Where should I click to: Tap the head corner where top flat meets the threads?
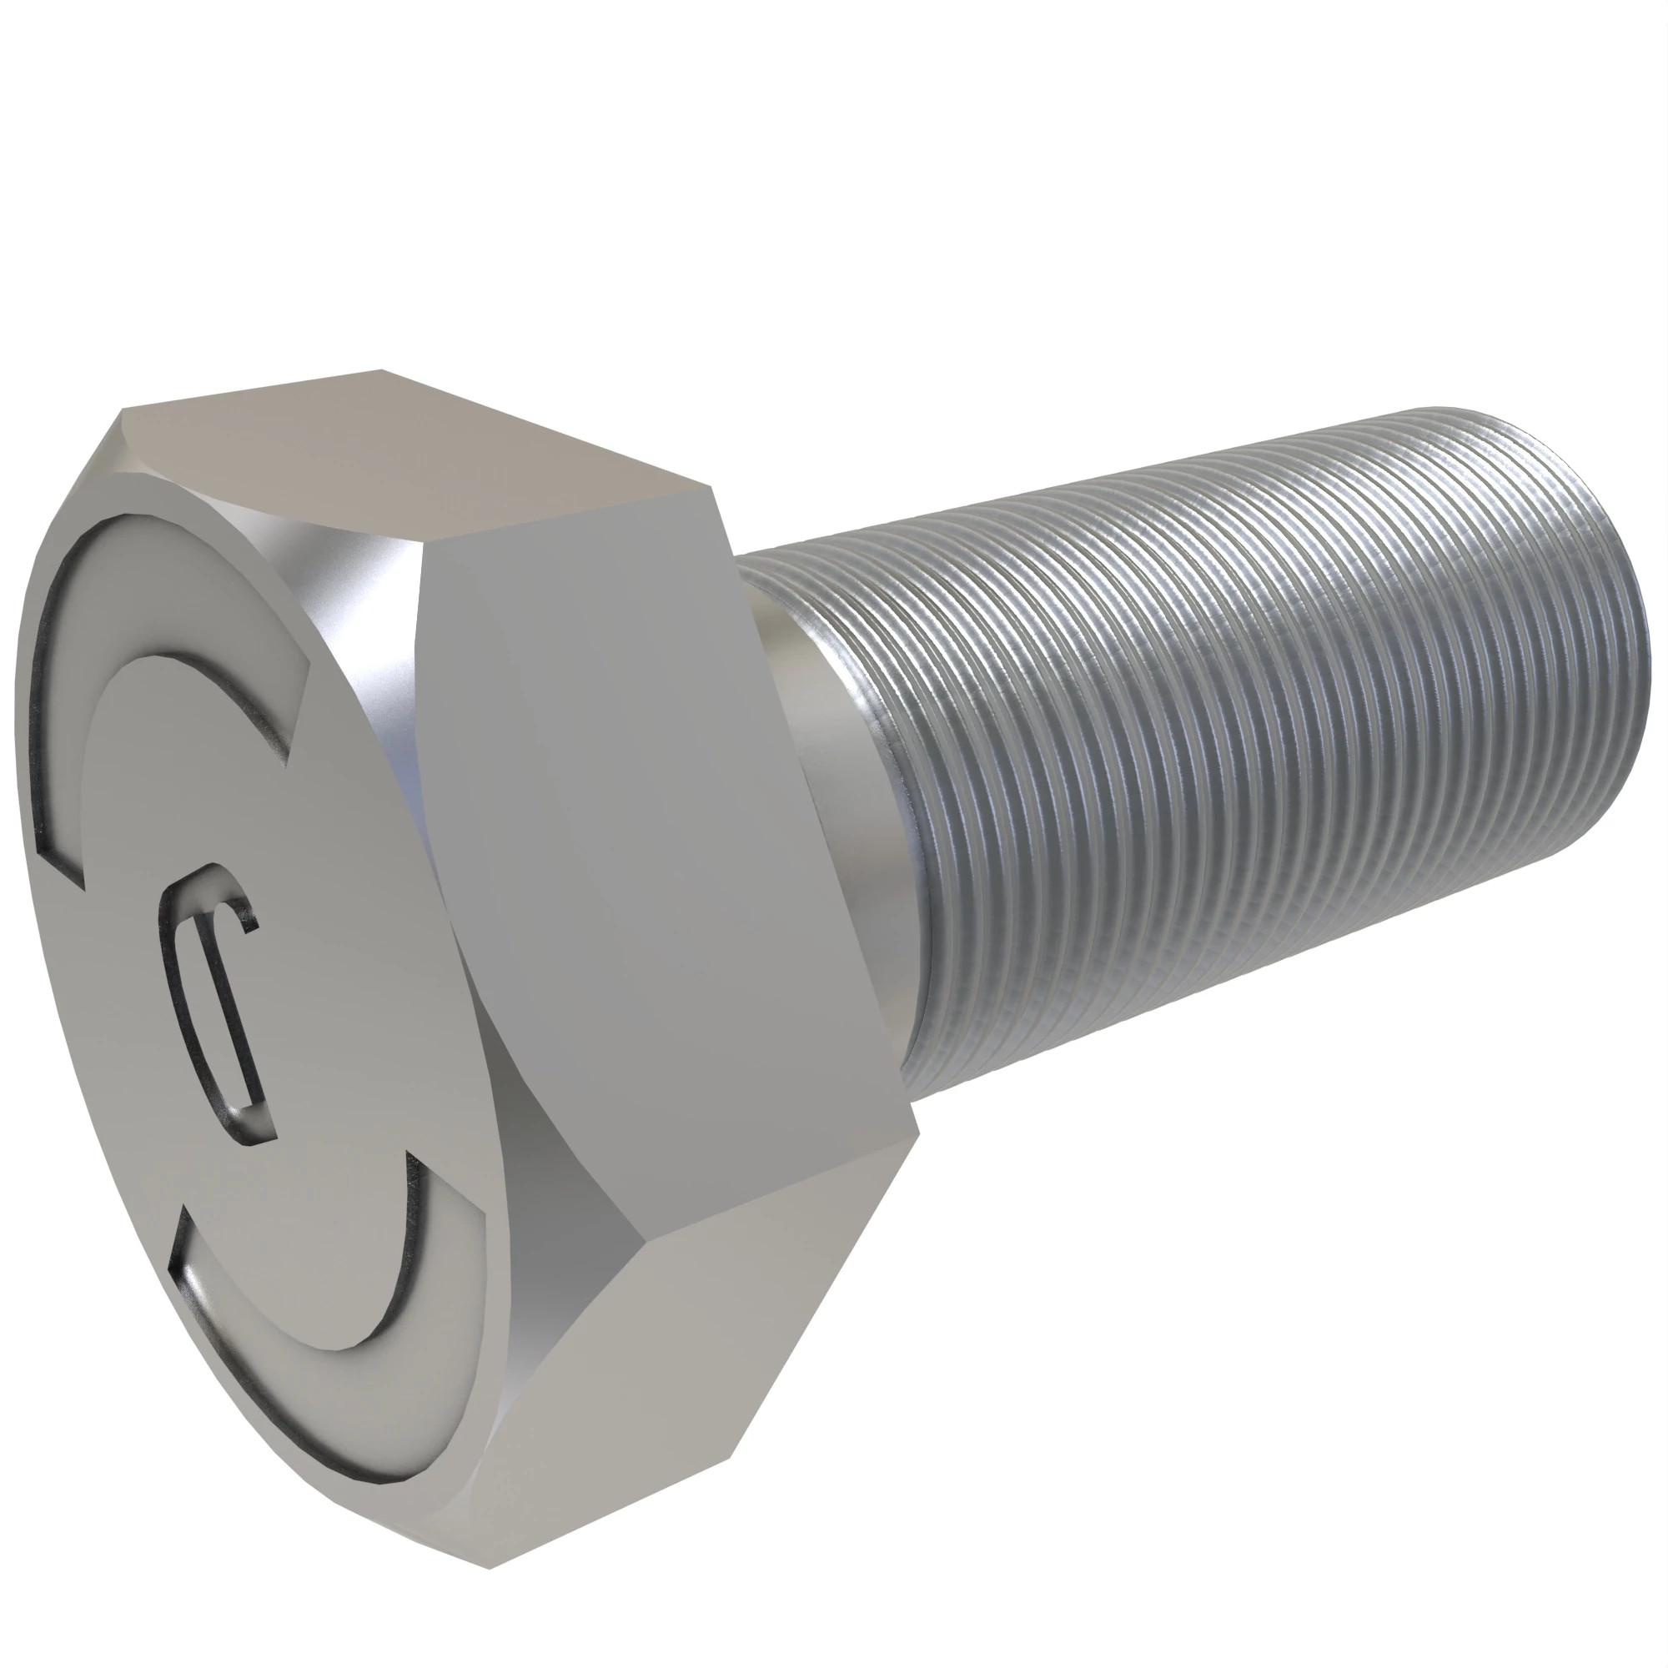click(716, 492)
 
